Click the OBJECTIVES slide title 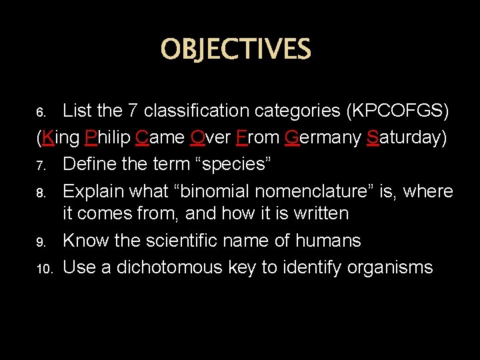235,49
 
